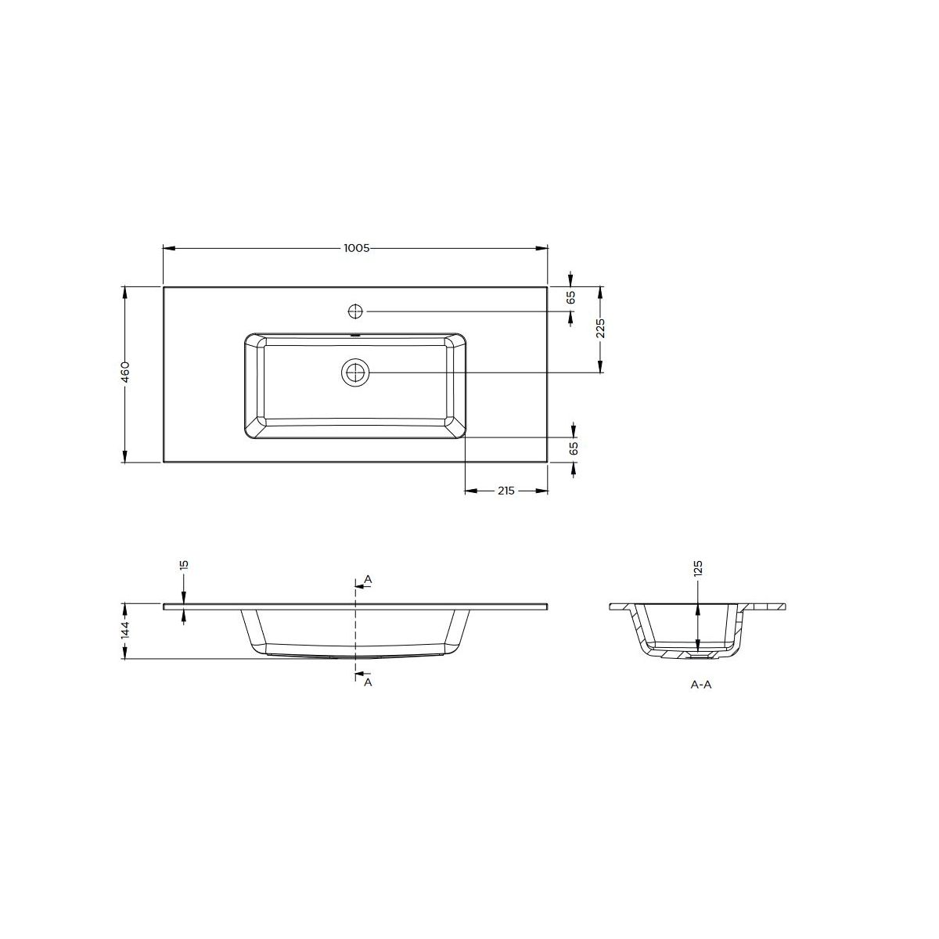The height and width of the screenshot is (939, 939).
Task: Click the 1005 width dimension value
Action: pyautogui.click(x=357, y=248)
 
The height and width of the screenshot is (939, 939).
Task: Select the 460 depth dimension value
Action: pyautogui.click(x=125, y=372)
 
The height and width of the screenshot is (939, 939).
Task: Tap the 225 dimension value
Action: pyautogui.click(x=600, y=328)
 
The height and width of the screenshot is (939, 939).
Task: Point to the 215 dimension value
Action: pyautogui.click(x=505, y=491)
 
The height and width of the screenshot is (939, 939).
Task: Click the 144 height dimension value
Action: pyautogui.click(x=125, y=631)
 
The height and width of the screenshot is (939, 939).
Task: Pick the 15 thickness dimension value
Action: pyautogui.click(x=184, y=565)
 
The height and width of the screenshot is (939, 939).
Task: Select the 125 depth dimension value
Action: pyautogui.click(x=698, y=569)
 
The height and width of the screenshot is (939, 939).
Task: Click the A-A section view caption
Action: pyautogui.click(x=700, y=685)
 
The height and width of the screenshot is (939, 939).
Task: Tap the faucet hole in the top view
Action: pyautogui.click(x=356, y=311)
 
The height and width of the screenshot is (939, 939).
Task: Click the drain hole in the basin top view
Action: pyautogui.click(x=356, y=372)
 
